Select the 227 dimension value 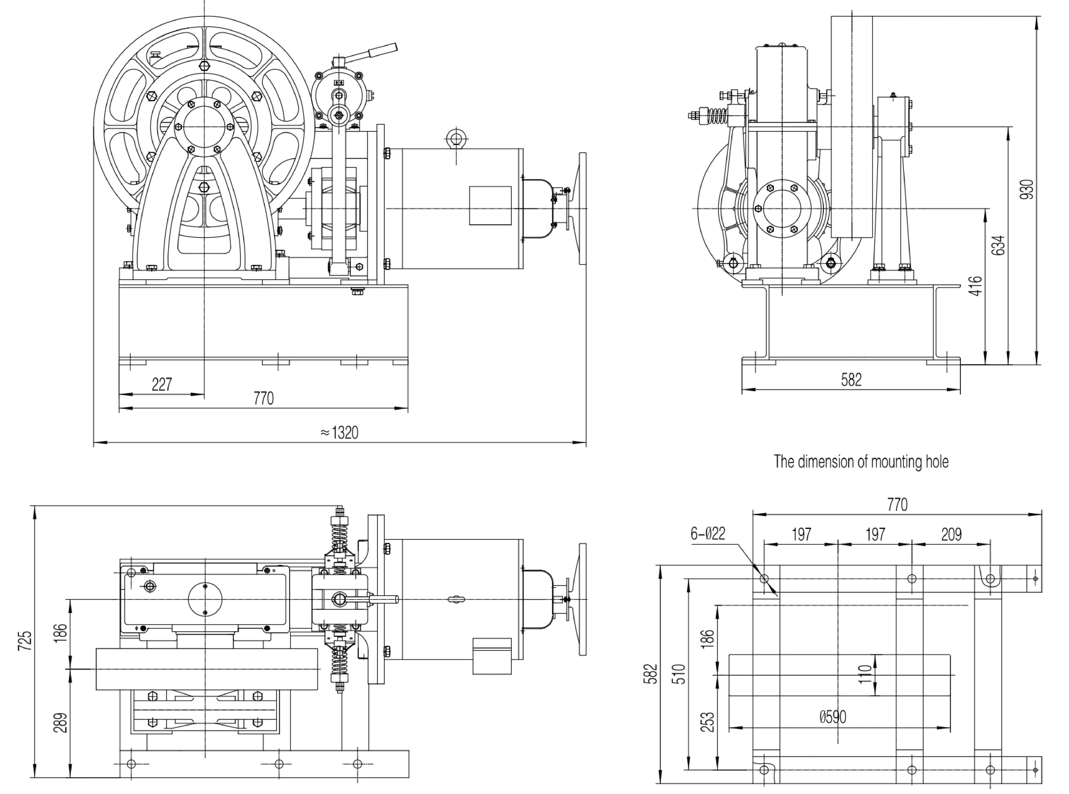pyautogui.click(x=162, y=385)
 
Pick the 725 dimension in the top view pyautogui.click(x=24, y=641)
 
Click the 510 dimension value pyautogui.click(x=681, y=674)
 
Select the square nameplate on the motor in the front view pyautogui.click(x=490, y=205)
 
